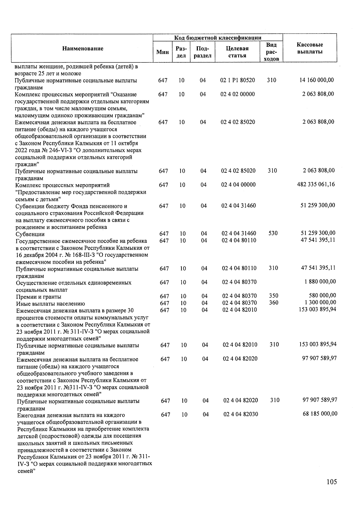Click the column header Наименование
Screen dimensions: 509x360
83,49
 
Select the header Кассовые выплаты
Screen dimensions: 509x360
310,48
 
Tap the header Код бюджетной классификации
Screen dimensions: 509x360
218,37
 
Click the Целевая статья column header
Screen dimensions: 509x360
237,52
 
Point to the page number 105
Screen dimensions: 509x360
332,482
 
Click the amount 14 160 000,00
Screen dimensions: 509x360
317,80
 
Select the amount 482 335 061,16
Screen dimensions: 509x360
316,184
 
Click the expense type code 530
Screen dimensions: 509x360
273,233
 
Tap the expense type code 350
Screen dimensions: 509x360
274,296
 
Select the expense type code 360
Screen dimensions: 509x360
274,303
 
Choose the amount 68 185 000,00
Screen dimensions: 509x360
320,414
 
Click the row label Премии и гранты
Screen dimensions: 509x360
39,297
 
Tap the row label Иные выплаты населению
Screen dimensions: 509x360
51,304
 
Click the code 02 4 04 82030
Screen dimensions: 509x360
241,414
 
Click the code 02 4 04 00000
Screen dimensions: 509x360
238,185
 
